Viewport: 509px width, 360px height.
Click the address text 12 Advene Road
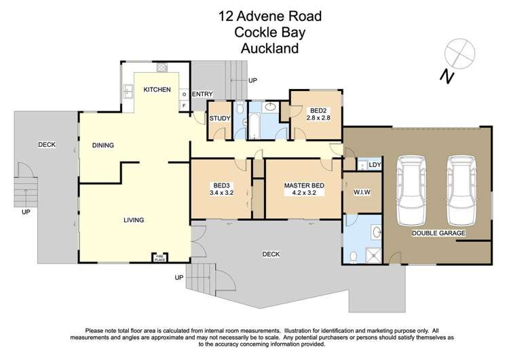point(270,16)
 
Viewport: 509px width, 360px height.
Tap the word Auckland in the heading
point(270,48)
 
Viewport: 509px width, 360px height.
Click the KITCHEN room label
point(156,90)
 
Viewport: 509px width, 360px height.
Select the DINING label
point(103,145)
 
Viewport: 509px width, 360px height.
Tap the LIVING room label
point(134,220)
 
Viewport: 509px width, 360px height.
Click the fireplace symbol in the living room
point(159,257)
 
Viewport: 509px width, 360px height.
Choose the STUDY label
point(220,119)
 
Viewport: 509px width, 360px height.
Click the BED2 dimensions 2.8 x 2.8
point(319,118)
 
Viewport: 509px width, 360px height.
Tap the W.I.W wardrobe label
point(362,192)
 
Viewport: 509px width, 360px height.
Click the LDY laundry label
point(373,164)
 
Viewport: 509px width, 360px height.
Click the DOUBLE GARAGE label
point(438,233)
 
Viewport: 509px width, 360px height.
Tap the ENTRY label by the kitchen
point(202,94)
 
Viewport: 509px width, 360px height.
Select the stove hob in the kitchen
point(162,67)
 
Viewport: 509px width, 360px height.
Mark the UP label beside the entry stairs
point(252,81)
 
